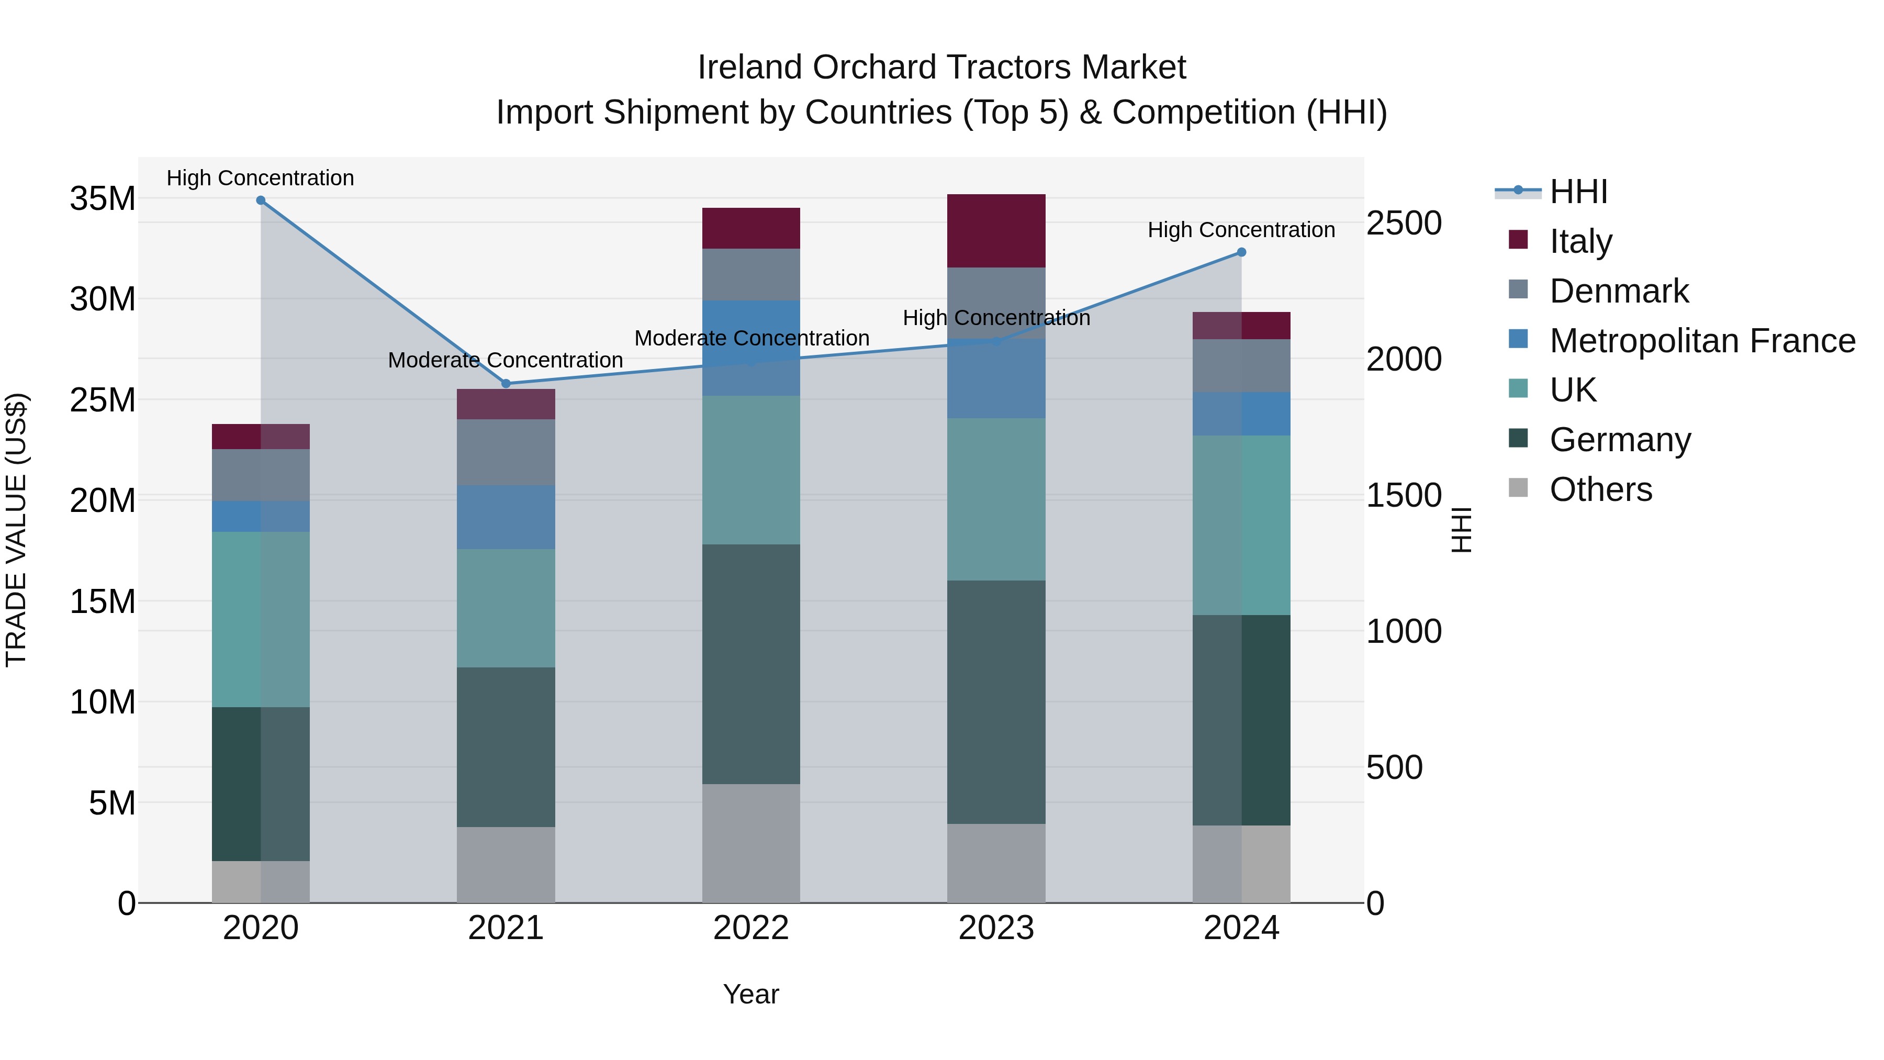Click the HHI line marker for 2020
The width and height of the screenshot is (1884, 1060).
coord(261,200)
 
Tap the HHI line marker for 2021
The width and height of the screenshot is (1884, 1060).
coord(506,383)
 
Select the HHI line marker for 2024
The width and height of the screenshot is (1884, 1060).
coord(1241,252)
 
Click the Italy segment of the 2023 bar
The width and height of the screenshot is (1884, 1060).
coord(996,230)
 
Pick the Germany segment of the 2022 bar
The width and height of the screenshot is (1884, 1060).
coord(751,664)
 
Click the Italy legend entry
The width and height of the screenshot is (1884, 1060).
coord(1580,241)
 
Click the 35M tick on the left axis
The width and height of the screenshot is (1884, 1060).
coord(103,198)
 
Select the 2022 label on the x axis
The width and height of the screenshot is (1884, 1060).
coord(751,928)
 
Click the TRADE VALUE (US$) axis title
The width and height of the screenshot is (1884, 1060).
coord(16,530)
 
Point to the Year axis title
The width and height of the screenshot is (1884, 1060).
coord(751,994)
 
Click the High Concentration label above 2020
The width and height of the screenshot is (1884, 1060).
coord(261,178)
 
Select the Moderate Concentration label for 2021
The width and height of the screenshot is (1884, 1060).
coord(506,360)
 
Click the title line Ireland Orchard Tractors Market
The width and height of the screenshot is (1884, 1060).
coord(941,68)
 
